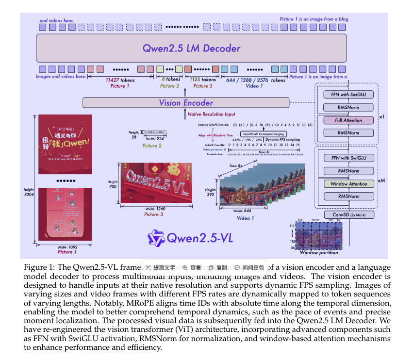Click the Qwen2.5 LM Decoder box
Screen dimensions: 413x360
coord(191,48)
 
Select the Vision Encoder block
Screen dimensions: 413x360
coord(186,103)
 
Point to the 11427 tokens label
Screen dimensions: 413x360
coord(120,80)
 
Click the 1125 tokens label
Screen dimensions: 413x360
coord(202,80)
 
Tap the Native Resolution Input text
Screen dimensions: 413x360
coord(211,114)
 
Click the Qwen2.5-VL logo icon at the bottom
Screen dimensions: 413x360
coord(157,238)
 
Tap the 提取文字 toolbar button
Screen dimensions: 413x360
coord(161,267)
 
